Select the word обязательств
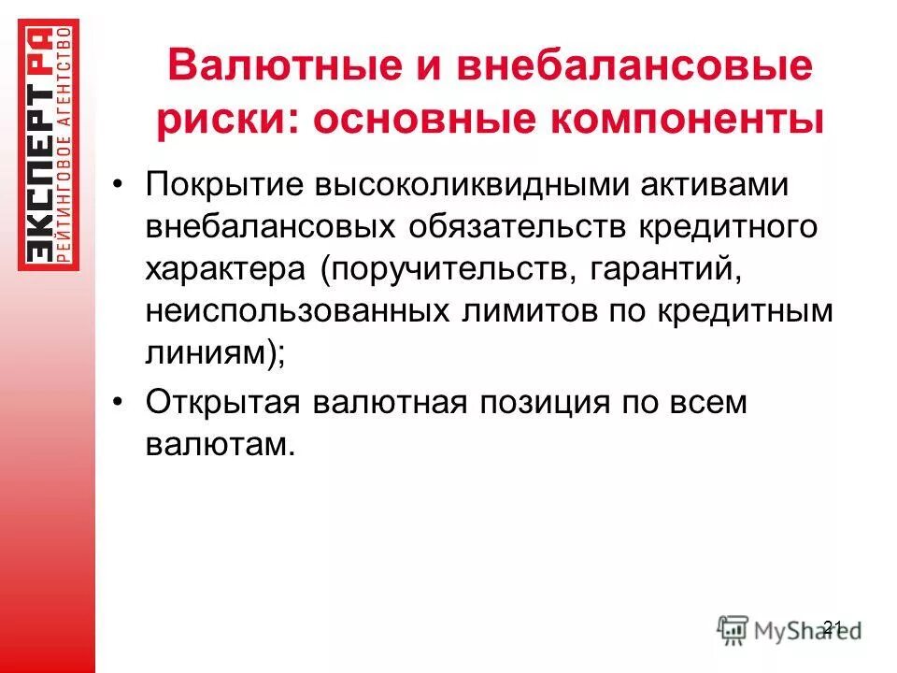[x=518, y=227]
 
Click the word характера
[x=225, y=270]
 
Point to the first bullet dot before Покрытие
[x=118, y=184]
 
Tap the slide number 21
[x=833, y=626]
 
